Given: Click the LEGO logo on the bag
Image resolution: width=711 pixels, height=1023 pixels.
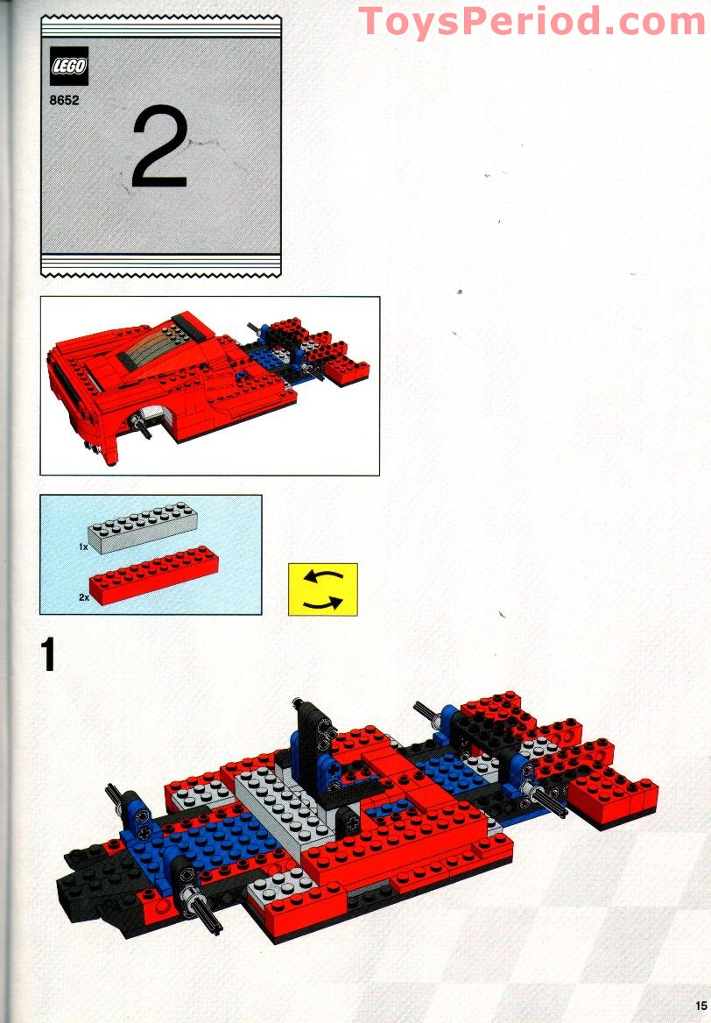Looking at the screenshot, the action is [68, 66].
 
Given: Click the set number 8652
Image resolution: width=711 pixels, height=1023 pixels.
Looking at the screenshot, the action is [64, 101].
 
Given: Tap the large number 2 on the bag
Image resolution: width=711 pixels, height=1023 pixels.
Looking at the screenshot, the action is [160, 147].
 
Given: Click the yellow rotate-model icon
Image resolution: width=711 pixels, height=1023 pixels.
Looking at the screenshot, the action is [323, 589].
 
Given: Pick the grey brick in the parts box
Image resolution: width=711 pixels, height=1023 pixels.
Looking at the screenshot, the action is [143, 527].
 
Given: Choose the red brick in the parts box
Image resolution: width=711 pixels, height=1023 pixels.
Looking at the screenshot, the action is [154, 575].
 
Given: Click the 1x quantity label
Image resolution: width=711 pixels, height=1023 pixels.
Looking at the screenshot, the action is [83, 547].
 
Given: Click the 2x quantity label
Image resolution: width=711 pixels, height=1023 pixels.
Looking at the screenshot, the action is [83, 597].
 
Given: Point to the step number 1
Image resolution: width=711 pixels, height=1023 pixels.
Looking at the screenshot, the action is [47, 654].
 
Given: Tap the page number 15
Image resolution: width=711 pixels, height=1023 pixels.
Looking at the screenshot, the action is [700, 1005].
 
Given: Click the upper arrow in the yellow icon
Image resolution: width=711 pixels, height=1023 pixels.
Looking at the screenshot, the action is [323, 576].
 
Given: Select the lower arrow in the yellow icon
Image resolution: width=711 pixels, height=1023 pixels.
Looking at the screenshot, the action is [323, 603].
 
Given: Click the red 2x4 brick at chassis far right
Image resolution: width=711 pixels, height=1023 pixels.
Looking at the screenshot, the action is [612, 795].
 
